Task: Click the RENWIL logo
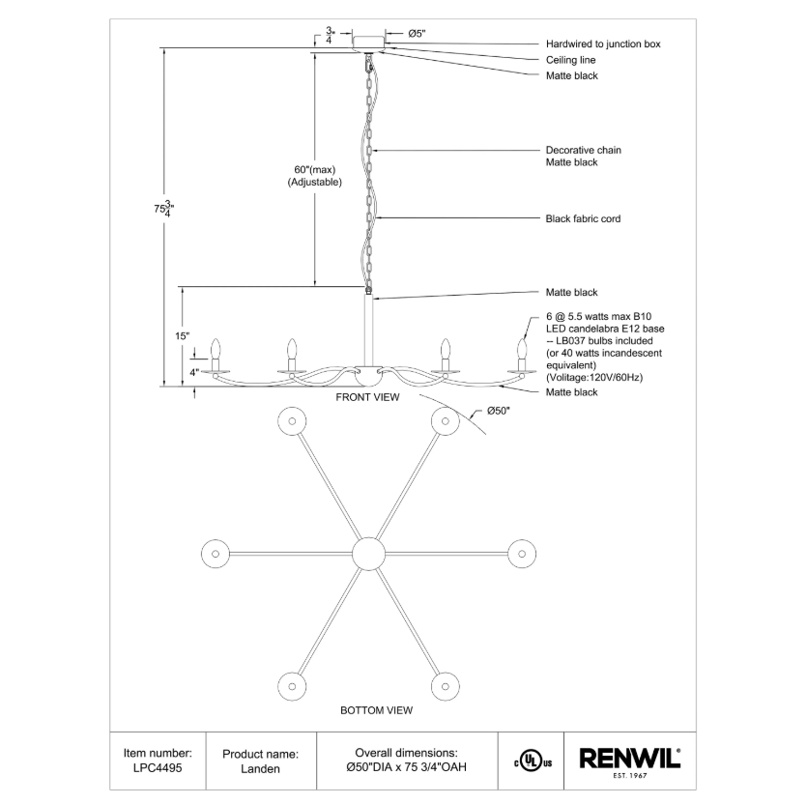coord(629,759)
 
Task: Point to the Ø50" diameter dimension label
coord(498,412)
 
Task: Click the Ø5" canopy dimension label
coord(417,34)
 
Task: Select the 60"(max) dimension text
coord(314,169)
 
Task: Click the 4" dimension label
coord(193,372)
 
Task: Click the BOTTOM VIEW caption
coord(376,710)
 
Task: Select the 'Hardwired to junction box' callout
coord(603,44)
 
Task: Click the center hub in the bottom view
coord(368,554)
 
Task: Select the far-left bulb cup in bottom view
coord(214,554)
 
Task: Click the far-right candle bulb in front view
coord(523,348)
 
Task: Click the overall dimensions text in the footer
coord(406,761)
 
